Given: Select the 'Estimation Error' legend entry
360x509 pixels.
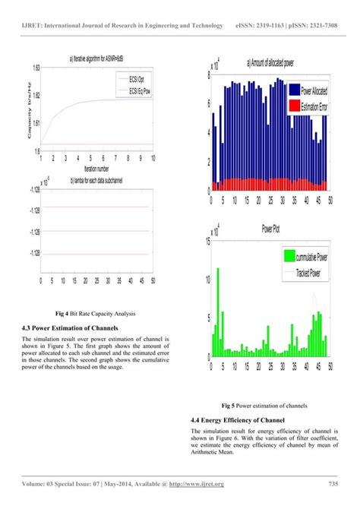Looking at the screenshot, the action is (318, 107).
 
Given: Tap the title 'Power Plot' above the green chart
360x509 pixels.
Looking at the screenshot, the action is (270, 226).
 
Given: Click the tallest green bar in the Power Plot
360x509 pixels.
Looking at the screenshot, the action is (218, 311).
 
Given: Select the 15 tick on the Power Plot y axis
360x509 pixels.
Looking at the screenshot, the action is (209, 242).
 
